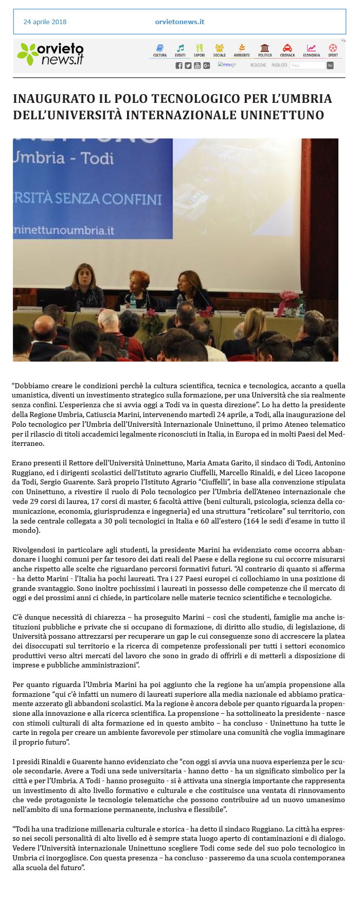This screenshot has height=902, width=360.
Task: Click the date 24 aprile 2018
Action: tap(45, 22)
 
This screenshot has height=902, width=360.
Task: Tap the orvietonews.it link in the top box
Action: tap(179, 22)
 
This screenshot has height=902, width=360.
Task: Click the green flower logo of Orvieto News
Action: tap(27, 54)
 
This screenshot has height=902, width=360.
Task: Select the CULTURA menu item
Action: tap(160, 50)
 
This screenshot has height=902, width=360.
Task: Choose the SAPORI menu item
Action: tap(200, 50)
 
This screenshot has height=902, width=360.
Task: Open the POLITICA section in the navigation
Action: tap(265, 50)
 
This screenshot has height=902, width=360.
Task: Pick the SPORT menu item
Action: tap(333, 50)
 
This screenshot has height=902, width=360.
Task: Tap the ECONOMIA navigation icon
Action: tap(311, 50)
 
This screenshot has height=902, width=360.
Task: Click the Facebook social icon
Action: tap(179, 65)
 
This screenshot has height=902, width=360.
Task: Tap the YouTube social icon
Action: tap(197, 65)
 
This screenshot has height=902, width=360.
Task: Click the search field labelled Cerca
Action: tap(307, 65)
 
